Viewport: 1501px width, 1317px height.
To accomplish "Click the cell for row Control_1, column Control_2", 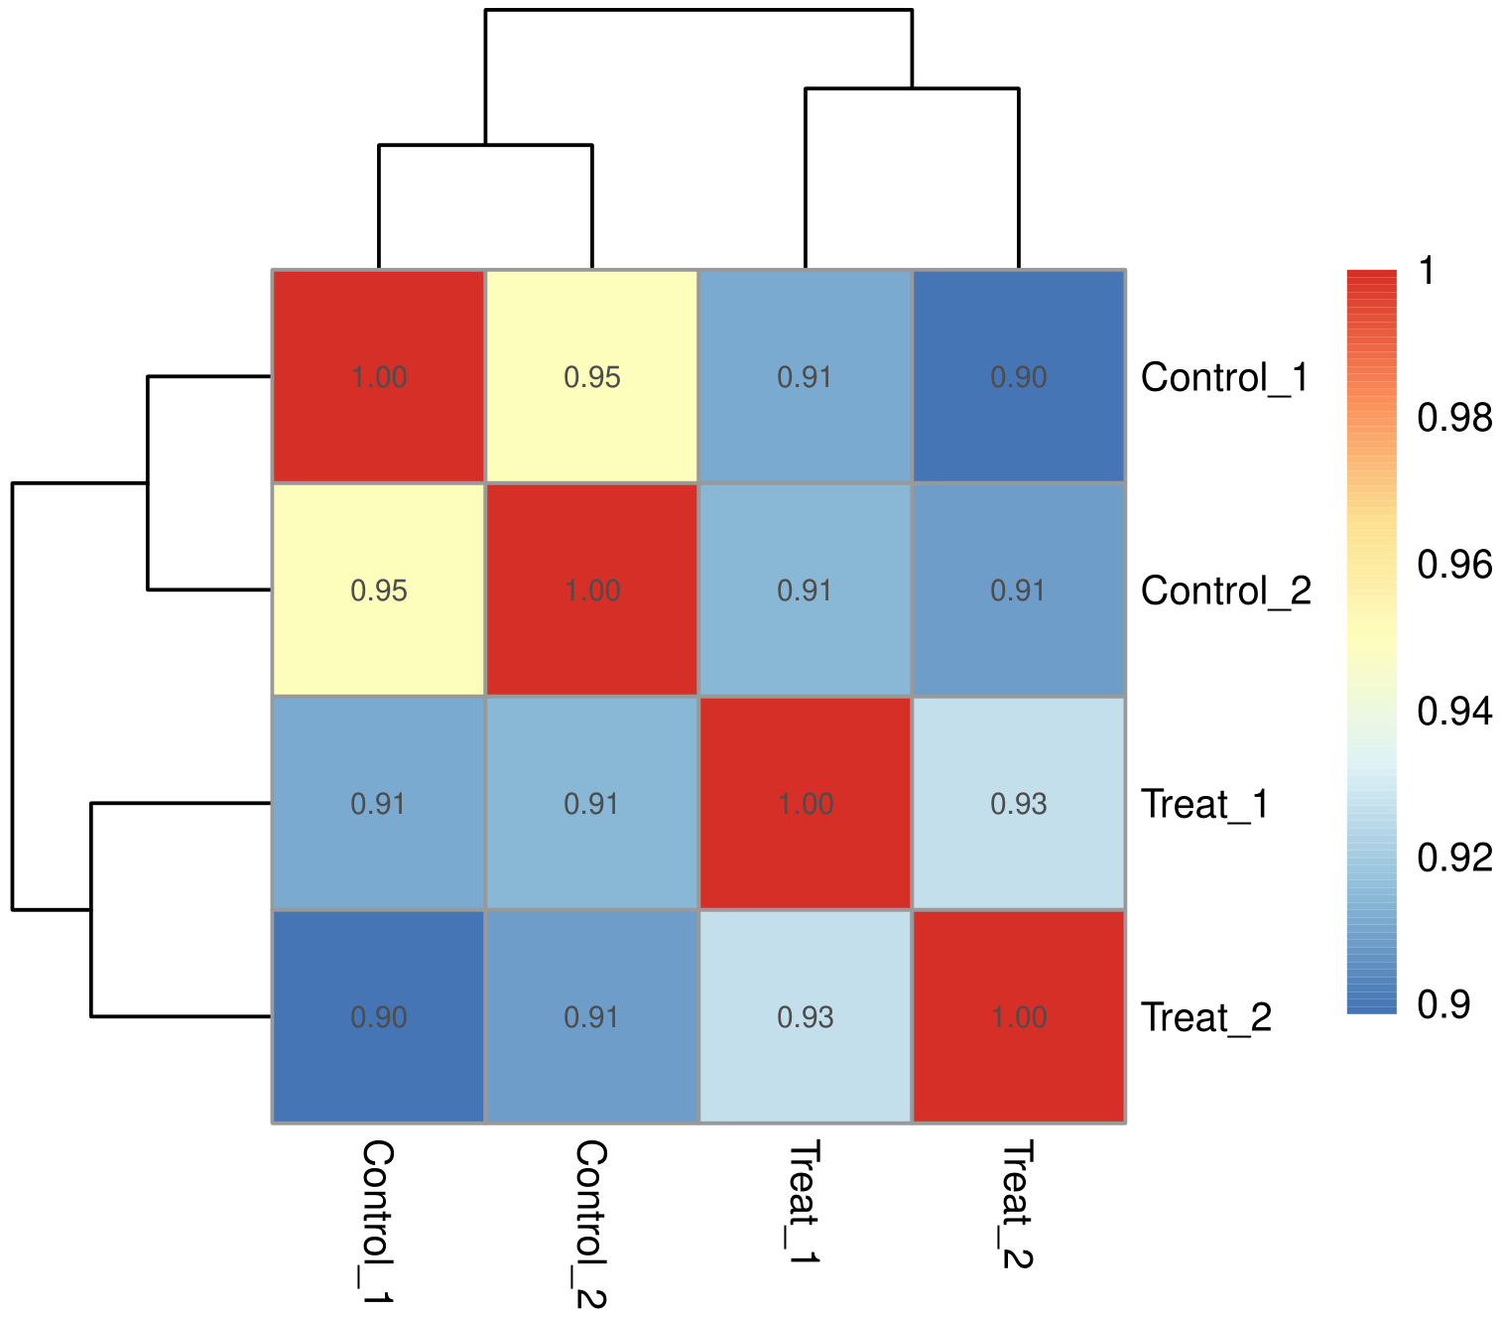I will coord(592,377).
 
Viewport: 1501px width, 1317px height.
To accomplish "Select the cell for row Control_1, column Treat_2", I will coord(1019,377).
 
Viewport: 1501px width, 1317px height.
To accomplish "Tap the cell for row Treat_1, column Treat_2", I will coord(1019,804).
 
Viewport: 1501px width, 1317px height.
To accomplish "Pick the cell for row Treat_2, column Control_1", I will coord(379,1017).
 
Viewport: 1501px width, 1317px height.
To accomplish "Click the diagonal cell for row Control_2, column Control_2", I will coord(592,591).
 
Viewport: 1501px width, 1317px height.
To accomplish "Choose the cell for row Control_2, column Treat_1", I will coord(806,591).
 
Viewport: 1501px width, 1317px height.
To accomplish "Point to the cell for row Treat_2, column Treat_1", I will coord(806,1017).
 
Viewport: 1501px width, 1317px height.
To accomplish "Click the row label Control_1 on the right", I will coord(1224,377).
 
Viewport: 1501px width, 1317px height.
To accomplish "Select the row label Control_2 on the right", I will coord(1226,591).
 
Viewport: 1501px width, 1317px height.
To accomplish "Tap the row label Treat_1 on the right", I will coord(1205,804).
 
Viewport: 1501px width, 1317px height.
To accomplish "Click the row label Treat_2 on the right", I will coord(1206,1017).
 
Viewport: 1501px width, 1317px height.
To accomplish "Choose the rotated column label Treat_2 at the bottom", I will coord(1018,1204).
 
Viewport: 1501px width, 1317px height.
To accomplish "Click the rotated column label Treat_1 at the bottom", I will coord(805,1202).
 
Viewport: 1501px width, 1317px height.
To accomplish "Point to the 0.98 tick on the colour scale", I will coord(1454,418).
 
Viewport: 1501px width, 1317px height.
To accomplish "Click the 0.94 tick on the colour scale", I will coord(1454,711).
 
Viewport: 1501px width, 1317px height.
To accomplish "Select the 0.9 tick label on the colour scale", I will coord(1443,1004).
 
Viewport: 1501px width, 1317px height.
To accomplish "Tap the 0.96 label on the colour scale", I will coord(1454,565).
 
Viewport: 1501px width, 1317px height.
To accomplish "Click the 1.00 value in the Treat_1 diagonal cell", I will coord(806,804).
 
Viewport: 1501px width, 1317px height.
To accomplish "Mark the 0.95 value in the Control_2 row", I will coord(379,591).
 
